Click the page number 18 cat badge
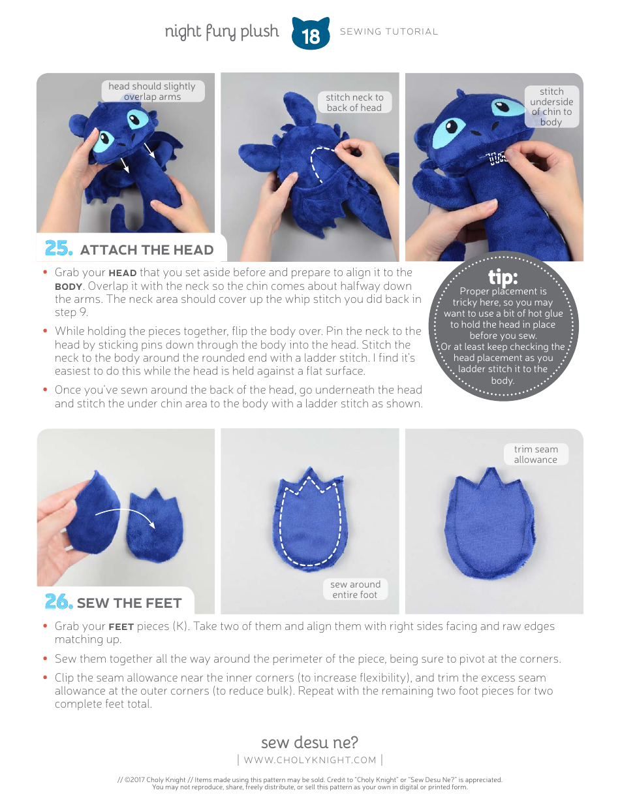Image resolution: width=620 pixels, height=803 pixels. click(311, 35)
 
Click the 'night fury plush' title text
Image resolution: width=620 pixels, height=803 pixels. click(221, 32)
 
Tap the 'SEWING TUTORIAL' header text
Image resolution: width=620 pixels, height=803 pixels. click(389, 31)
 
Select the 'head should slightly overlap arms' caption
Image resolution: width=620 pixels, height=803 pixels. click(152, 91)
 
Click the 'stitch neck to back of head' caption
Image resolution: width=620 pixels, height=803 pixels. click(354, 102)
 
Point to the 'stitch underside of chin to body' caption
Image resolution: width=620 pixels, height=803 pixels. click(551, 106)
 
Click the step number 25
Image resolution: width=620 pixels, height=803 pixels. click(58, 249)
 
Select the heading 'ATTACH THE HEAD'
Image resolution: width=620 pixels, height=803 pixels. click(146, 250)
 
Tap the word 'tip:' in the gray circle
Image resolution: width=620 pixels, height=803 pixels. click(503, 277)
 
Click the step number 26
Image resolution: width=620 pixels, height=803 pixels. click(58, 602)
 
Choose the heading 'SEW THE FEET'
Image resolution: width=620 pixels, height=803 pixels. click(129, 603)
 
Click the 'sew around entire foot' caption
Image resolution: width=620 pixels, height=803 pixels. click(355, 590)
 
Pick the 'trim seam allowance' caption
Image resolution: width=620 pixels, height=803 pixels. click(535, 454)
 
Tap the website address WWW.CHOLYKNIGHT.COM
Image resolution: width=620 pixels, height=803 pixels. click(310, 760)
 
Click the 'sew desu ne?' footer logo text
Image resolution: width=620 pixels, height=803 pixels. click(309, 742)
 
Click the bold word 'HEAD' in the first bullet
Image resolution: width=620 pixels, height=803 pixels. click(122, 273)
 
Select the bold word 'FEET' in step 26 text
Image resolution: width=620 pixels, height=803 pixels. click(121, 627)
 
